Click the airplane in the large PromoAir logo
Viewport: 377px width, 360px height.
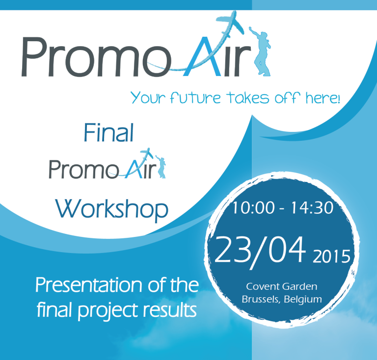click(x=229, y=24)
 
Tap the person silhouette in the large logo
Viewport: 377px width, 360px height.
click(x=260, y=51)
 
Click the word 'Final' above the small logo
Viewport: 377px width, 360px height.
click(x=108, y=132)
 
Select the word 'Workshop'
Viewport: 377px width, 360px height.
click(x=111, y=209)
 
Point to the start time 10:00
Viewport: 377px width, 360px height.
click(x=253, y=207)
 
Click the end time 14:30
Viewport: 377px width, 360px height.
click(x=312, y=207)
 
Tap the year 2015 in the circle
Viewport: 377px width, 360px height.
click(x=331, y=257)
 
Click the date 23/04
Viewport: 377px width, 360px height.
click(x=260, y=251)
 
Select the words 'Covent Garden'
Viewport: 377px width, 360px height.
click(x=282, y=286)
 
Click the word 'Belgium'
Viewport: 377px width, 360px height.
click(x=303, y=300)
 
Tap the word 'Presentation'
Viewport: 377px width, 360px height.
click(x=89, y=285)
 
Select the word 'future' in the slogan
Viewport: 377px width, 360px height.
click(x=195, y=98)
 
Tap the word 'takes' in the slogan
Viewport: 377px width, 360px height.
click(x=247, y=98)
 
